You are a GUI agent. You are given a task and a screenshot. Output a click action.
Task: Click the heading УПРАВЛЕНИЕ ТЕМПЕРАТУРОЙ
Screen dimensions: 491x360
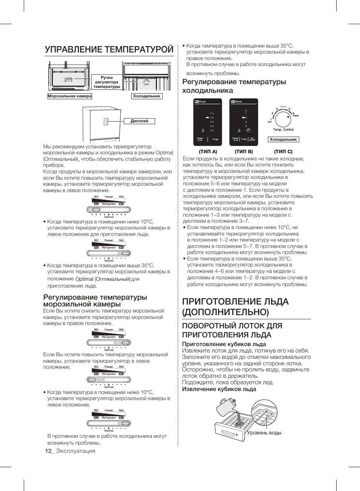coord(109,49)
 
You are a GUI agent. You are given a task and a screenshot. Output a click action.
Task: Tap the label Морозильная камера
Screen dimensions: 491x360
coord(70,96)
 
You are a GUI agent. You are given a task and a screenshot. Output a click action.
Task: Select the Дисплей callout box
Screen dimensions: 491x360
coord(139,121)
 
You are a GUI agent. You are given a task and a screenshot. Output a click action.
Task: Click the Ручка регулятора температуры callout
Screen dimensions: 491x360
coord(107,82)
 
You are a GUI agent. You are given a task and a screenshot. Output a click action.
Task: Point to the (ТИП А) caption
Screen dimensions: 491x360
coord(208,151)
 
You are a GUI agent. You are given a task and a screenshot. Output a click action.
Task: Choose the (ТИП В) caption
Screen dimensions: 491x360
coord(244,151)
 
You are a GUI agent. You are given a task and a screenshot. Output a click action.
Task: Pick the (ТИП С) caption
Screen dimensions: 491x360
coord(283,151)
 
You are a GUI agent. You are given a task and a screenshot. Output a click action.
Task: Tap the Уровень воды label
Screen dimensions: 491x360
coord(264,433)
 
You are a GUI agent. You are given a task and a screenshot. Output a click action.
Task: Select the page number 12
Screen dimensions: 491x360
coord(48,451)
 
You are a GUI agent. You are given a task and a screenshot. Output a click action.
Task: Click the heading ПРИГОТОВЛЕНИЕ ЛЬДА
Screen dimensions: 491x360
coord(235,306)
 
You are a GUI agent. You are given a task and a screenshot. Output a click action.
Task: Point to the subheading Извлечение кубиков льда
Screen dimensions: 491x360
coord(219,389)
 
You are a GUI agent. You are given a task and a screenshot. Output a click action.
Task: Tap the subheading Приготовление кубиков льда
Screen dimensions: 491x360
coord(224,344)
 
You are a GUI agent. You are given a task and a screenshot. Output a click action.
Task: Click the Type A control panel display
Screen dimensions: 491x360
coord(207,122)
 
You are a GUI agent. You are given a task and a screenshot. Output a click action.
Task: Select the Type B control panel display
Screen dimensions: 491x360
coord(243,122)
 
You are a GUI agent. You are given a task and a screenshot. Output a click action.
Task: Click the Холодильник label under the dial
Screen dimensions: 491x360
coord(283,140)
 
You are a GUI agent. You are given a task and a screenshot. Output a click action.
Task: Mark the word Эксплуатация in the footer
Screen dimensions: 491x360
coord(75,451)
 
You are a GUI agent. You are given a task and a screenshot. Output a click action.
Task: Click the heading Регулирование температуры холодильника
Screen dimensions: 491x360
coord(234,86)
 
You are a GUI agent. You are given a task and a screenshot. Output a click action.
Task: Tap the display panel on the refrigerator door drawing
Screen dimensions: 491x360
coord(106,122)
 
